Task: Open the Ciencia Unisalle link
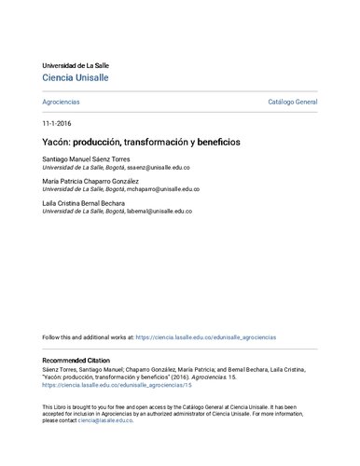click(x=76, y=78)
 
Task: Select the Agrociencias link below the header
click(x=61, y=101)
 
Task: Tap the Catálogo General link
click(x=293, y=101)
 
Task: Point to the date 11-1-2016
click(x=58, y=123)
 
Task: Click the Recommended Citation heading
click(x=81, y=360)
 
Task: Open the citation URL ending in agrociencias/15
click(x=117, y=384)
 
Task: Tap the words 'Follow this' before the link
click(x=58, y=336)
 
